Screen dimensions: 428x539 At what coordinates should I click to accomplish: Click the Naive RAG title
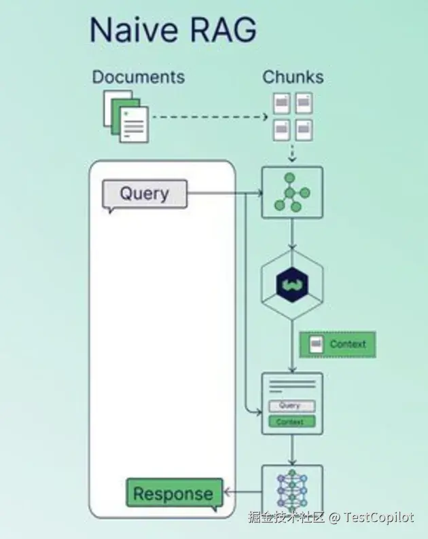(x=173, y=30)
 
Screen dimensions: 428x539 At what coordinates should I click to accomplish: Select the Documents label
(x=139, y=77)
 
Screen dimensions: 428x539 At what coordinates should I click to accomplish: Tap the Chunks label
(x=293, y=77)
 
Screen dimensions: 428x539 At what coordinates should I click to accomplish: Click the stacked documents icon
(x=126, y=117)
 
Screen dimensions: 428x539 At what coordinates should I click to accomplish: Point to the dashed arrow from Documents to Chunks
(x=210, y=117)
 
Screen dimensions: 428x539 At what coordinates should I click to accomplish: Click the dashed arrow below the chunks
(x=292, y=153)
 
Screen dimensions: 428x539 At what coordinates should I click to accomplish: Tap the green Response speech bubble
(x=175, y=494)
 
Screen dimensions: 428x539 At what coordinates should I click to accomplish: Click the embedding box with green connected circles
(x=292, y=193)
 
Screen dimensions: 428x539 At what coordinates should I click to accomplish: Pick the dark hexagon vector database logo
(x=292, y=284)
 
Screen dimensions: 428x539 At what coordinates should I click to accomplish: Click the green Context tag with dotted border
(x=338, y=345)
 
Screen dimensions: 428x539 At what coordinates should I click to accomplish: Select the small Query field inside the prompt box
(x=291, y=406)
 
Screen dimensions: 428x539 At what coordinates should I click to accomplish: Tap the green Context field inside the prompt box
(x=291, y=422)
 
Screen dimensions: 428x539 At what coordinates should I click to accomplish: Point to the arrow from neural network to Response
(x=243, y=492)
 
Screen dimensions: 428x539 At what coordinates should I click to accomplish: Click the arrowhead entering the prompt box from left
(x=259, y=411)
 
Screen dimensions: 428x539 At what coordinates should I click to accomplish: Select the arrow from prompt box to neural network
(x=292, y=450)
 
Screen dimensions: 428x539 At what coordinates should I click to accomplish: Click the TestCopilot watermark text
(x=379, y=517)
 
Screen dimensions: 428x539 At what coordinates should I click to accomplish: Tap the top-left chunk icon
(x=282, y=103)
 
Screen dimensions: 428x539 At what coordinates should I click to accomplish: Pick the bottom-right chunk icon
(x=304, y=130)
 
